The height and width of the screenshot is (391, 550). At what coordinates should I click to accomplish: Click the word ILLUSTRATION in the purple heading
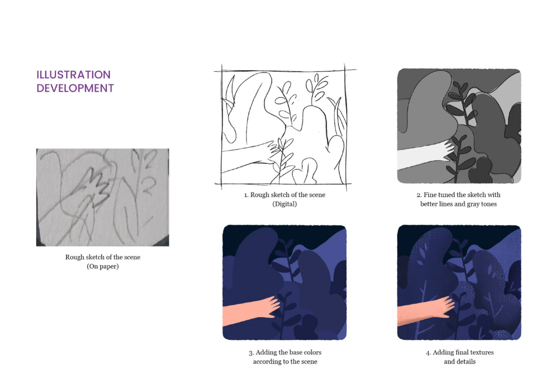(x=74, y=75)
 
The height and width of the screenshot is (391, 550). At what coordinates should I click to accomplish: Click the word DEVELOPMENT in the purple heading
(x=75, y=88)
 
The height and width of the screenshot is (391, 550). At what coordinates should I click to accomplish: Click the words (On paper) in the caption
(x=103, y=266)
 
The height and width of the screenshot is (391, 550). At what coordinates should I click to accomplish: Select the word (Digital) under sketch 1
(x=285, y=204)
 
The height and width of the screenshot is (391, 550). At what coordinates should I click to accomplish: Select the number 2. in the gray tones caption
(x=419, y=195)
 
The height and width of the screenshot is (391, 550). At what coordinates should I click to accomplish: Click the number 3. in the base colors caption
(x=251, y=353)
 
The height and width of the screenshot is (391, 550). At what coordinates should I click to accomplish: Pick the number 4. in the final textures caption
(x=428, y=353)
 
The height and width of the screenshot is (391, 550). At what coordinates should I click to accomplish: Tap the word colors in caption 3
(x=313, y=352)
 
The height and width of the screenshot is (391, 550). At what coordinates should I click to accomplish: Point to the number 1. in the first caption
(x=246, y=195)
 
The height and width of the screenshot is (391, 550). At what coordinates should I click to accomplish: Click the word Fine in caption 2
(x=430, y=194)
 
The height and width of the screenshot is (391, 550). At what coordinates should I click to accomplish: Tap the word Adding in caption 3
(x=266, y=352)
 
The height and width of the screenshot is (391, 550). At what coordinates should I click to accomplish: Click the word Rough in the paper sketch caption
(x=74, y=257)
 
